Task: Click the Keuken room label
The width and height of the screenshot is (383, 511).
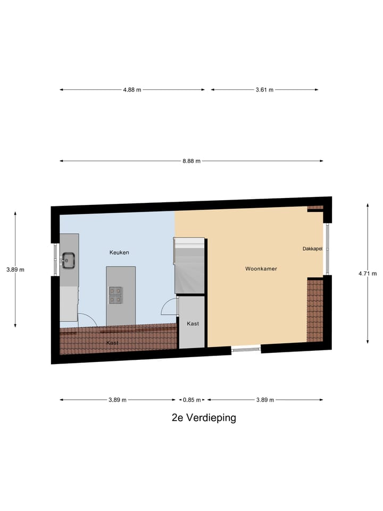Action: point(119,252)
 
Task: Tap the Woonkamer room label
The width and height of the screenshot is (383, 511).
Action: point(261,269)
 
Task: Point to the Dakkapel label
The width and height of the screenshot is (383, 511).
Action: point(312,248)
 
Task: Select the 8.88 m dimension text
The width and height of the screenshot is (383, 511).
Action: point(191,161)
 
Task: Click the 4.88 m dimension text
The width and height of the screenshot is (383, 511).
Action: point(132,90)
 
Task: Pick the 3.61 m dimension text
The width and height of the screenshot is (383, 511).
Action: point(264,90)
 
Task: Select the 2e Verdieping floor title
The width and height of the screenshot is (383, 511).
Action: point(204,418)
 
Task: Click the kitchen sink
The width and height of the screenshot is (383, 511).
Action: point(69,260)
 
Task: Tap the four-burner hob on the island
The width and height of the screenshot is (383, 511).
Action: point(115,295)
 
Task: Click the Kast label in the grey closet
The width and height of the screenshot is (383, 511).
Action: point(192,323)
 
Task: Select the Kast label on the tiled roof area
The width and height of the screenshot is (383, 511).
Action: point(112,343)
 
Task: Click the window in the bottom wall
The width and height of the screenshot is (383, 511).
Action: point(246,349)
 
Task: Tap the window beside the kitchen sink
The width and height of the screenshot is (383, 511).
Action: point(56,260)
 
